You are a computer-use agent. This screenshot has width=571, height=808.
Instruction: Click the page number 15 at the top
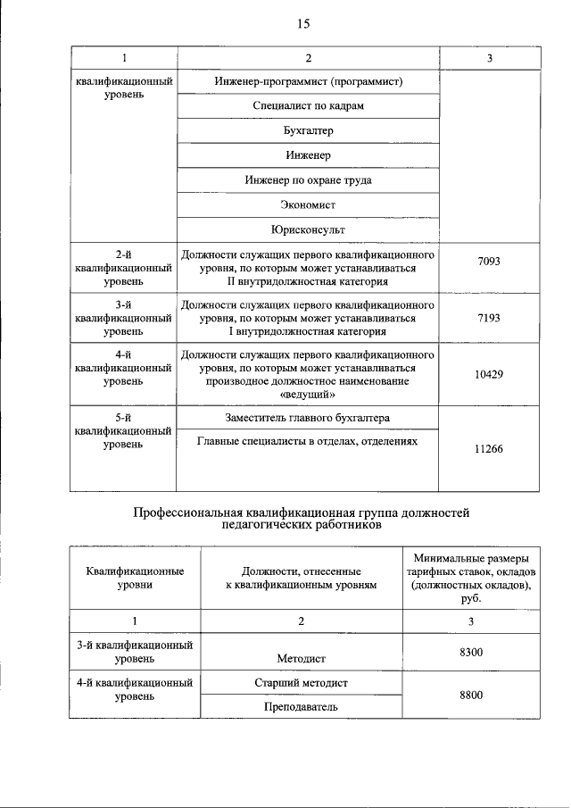coord(302,24)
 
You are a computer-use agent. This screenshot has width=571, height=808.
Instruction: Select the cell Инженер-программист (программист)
coord(309,82)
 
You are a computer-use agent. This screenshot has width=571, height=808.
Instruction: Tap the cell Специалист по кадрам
coord(309,106)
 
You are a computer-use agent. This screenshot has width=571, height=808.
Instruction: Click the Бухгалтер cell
coord(309,131)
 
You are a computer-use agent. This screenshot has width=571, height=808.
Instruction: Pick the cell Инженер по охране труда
coord(309,180)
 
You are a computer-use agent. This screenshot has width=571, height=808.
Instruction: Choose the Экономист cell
coord(309,204)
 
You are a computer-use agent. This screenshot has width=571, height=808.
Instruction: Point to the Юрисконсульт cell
coord(309,229)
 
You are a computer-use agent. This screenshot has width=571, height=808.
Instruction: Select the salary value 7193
coord(489,318)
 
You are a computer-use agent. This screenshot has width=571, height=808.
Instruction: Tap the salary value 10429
coord(489,374)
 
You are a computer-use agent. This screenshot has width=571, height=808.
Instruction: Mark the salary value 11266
coord(489,449)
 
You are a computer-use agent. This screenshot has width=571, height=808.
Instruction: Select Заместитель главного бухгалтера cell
coord(309,418)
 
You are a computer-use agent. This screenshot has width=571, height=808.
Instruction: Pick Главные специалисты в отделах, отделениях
coord(309,441)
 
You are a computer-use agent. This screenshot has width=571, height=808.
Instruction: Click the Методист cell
coord(301,659)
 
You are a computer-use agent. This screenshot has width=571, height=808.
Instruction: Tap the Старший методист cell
coord(301,683)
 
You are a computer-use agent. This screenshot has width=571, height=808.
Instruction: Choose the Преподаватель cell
coord(301,706)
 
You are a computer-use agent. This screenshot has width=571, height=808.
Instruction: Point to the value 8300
coord(471,653)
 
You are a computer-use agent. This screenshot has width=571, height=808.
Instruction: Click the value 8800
coord(471,695)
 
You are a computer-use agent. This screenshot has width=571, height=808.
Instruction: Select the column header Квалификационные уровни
coord(135,577)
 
